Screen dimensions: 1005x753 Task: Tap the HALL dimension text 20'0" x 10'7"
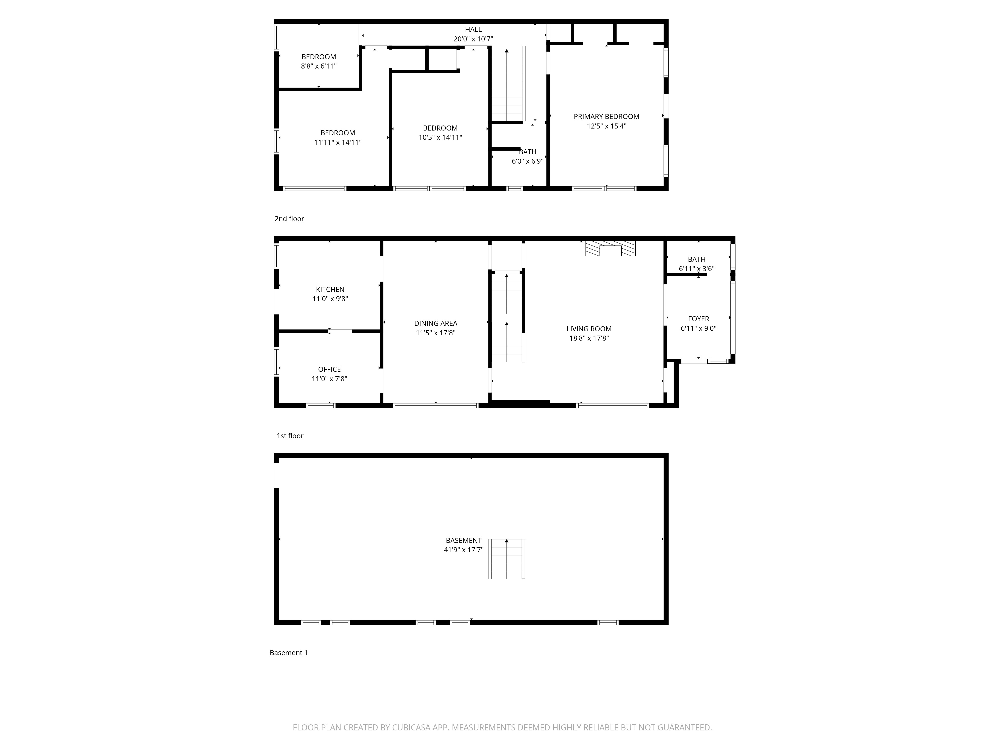473,39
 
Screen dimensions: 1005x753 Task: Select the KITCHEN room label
330,290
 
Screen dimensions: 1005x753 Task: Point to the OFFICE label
329,369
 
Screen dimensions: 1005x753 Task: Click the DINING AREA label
436,324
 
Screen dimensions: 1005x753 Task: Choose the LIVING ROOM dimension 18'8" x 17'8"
589,338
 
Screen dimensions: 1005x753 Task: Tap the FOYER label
698,319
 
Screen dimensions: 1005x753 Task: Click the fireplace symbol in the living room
610,248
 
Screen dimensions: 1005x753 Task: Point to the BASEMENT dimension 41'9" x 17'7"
463,550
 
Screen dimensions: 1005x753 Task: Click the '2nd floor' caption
289,219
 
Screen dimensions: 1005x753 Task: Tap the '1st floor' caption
290,436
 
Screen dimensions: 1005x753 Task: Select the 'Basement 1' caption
288,653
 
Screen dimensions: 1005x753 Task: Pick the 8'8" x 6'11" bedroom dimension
319,66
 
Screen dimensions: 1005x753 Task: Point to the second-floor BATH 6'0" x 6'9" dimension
527,161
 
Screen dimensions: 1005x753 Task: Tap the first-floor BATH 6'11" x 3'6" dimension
696,269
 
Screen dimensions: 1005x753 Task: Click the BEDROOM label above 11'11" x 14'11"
338,133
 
